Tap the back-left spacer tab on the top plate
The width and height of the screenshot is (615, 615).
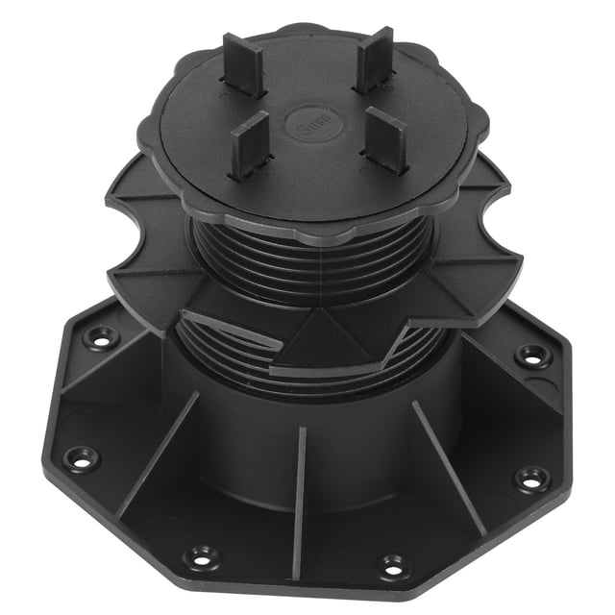click(244, 64)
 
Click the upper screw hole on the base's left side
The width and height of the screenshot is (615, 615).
click(100, 337)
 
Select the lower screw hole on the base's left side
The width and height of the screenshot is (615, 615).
click(81, 458)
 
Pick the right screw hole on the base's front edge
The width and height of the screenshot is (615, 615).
click(394, 565)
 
